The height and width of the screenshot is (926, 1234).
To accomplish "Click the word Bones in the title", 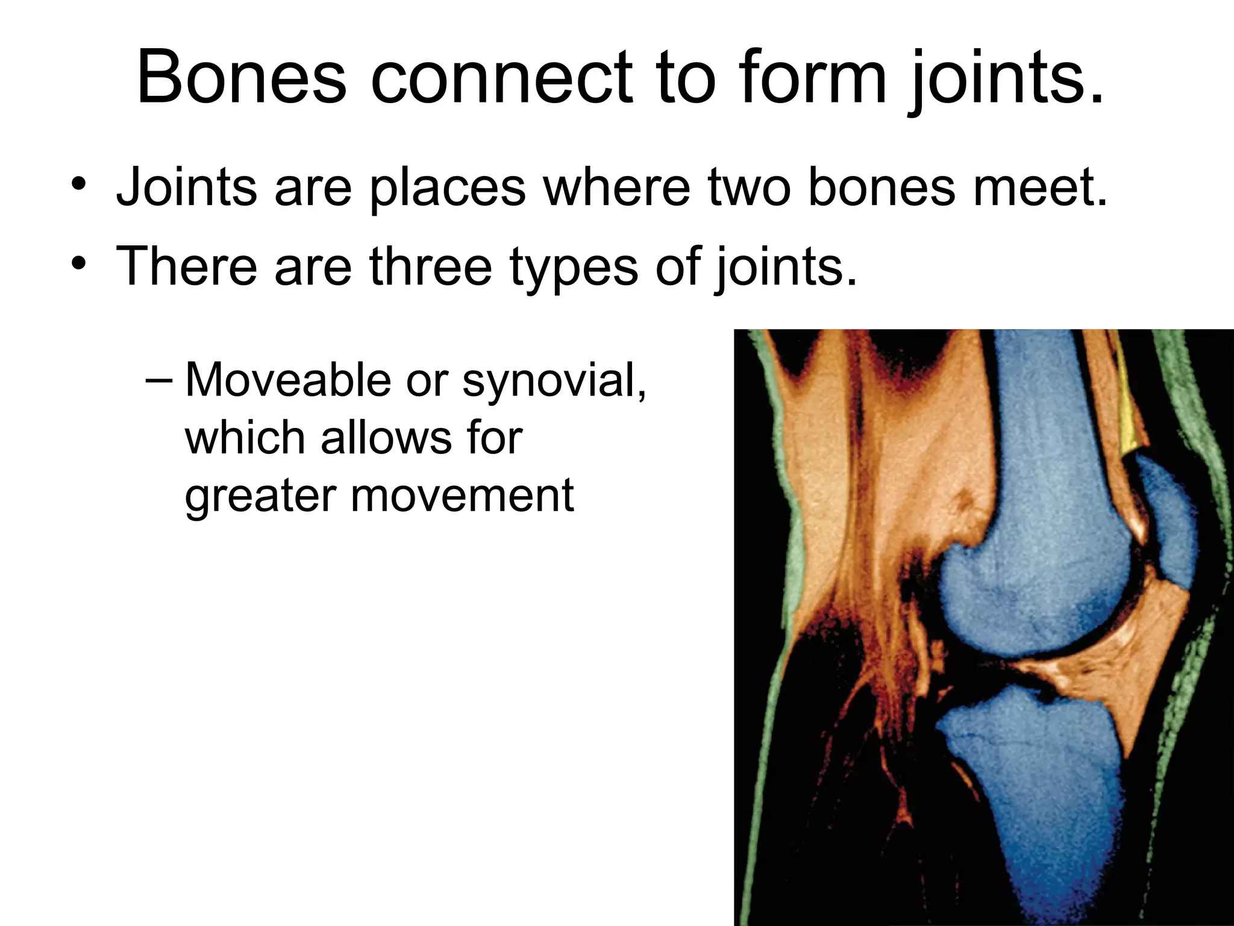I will [x=242, y=78].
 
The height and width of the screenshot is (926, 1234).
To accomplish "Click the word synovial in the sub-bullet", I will [x=554, y=383].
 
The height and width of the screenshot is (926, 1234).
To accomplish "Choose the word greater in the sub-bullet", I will [x=260, y=497].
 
